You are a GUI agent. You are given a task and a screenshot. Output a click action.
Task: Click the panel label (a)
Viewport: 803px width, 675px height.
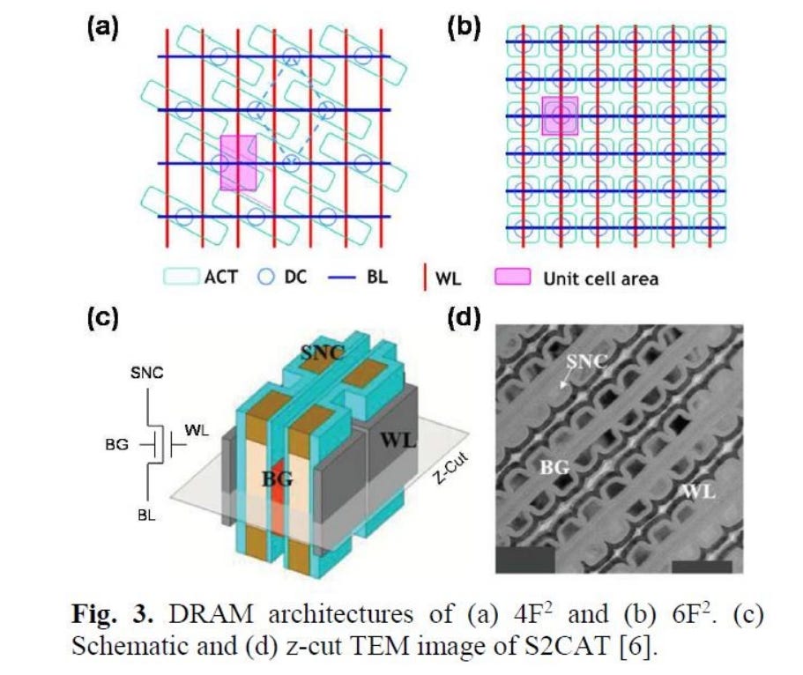point(103,28)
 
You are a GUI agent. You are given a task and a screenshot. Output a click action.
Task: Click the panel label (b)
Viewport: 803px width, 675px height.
point(464,28)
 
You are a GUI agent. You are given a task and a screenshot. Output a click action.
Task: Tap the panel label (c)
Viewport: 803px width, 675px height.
point(103,318)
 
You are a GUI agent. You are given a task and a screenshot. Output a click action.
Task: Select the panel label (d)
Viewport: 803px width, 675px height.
point(464,318)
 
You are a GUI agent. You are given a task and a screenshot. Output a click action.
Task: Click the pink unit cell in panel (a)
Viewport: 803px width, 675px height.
point(238,163)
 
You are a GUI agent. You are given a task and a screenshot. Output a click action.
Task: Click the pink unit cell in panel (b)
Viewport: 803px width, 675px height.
point(561,115)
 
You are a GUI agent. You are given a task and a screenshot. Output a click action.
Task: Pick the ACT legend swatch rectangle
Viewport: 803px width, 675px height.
point(182,277)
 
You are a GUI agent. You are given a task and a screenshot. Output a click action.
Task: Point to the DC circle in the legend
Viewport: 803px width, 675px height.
point(265,277)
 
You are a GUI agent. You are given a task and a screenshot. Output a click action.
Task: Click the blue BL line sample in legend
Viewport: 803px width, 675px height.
point(342,277)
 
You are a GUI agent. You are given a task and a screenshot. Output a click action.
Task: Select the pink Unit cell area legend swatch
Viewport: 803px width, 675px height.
point(512,277)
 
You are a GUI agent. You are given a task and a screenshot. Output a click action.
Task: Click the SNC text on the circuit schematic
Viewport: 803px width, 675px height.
point(147,373)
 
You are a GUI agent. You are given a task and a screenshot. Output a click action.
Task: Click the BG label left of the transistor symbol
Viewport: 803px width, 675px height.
point(116,444)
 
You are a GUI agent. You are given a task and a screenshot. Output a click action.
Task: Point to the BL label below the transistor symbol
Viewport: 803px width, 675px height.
point(146,516)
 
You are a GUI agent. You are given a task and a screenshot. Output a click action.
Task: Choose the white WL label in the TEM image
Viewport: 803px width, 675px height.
point(700,492)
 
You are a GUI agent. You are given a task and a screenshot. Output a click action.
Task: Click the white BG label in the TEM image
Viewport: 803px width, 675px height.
point(555,467)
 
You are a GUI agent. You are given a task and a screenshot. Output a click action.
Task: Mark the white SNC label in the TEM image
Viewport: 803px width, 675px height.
point(587,361)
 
